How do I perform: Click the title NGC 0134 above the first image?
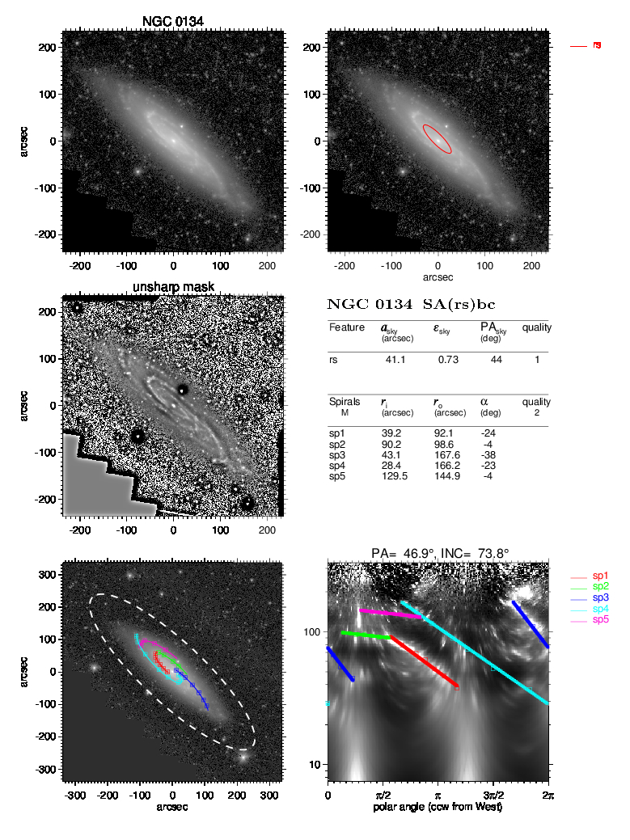coord(173,20)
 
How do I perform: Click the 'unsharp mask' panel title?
coord(172,288)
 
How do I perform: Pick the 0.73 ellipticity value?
coord(447,360)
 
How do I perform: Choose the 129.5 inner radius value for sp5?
coord(394,477)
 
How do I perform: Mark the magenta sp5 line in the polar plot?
coord(391,614)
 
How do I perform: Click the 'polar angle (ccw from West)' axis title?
coord(438,807)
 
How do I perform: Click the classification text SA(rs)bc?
coord(455,306)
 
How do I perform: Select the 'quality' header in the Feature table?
coord(535,327)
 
